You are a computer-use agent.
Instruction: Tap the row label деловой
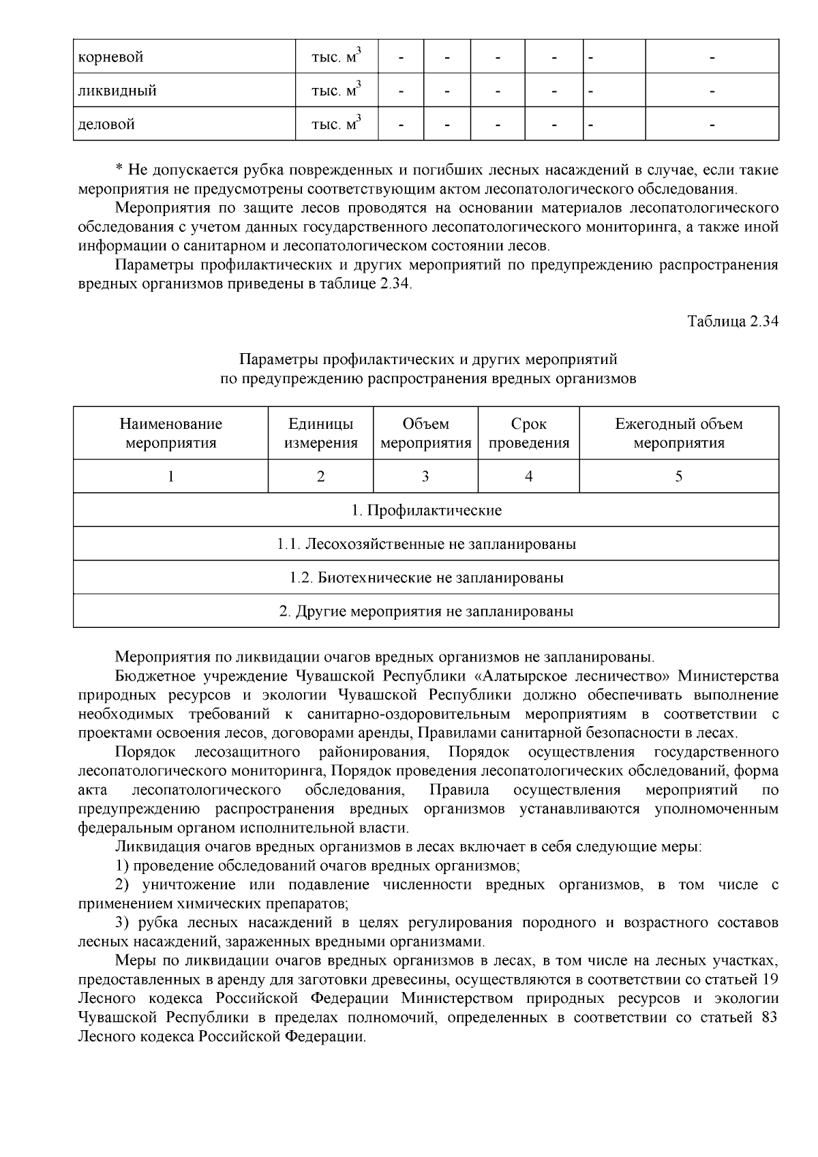[x=107, y=124]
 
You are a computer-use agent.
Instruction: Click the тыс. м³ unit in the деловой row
[x=335, y=124]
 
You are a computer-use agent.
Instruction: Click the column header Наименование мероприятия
[x=171, y=434]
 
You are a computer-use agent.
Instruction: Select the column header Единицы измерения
[x=320, y=434]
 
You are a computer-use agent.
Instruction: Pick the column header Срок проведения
[x=529, y=434]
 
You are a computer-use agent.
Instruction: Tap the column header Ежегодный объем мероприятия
[x=679, y=434]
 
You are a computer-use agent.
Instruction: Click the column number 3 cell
[x=425, y=477]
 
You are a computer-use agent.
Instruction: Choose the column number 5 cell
[x=679, y=477]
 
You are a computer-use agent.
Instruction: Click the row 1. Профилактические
[x=426, y=510]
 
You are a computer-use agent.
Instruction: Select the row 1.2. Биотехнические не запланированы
[x=426, y=577]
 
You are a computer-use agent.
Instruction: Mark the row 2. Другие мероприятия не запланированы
[x=426, y=611]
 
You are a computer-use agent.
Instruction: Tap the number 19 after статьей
[x=770, y=980]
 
